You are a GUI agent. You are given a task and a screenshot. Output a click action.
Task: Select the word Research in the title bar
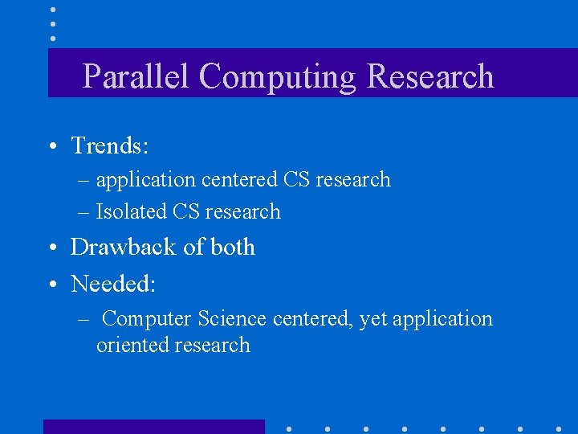(429, 76)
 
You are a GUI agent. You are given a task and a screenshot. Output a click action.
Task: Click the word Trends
(109, 145)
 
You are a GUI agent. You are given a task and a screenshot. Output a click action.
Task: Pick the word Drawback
(124, 247)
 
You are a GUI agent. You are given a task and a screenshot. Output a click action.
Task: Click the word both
(232, 247)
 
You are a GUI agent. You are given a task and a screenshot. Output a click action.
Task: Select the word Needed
(112, 284)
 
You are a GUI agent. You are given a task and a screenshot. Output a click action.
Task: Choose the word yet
(372, 319)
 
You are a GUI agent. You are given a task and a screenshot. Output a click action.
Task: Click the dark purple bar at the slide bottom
(153, 426)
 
